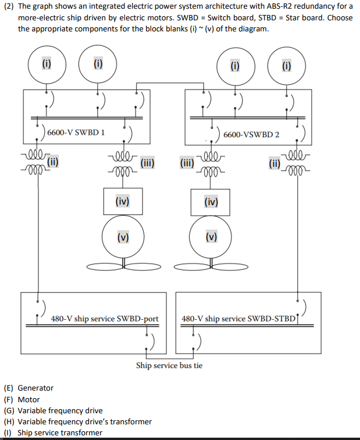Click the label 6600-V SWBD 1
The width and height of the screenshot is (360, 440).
76,132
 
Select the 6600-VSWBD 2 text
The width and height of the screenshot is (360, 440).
251,135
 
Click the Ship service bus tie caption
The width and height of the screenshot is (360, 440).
169,366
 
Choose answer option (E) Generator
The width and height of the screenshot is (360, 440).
29,388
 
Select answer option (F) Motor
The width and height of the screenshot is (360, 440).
22,399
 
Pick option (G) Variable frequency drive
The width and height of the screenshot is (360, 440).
53,410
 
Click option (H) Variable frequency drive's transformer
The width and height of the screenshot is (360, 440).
78,421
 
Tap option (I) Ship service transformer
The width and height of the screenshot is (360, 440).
53,432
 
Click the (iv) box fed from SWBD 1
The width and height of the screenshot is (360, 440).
122,202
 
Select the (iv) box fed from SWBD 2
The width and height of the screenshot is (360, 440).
211,202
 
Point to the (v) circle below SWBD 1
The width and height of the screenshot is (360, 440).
122,237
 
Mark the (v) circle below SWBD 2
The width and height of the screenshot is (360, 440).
211,237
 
